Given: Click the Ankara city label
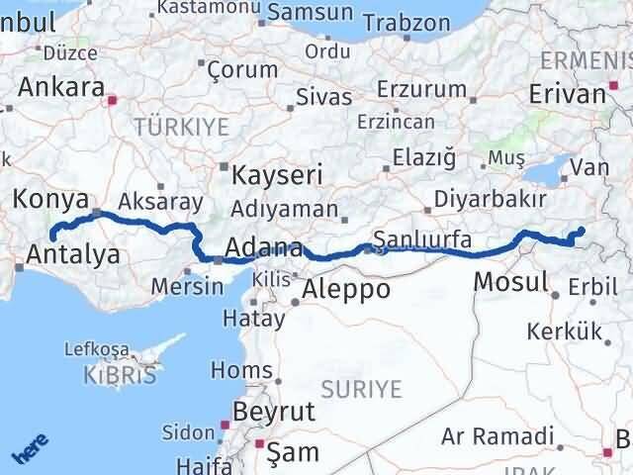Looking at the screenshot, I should pyautogui.click(x=61, y=87).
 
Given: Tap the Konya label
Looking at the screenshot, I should pyautogui.click(x=49, y=199).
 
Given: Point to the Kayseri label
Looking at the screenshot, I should pyautogui.click(x=278, y=176).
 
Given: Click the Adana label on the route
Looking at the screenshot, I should pyautogui.click(x=264, y=247).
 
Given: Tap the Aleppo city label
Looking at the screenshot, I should pyautogui.click(x=346, y=289).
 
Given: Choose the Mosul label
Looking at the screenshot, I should pyautogui.click(x=510, y=282).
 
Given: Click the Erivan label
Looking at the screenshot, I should pyautogui.click(x=567, y=94).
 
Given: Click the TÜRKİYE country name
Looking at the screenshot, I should pyautogui.click(x=181, y=127).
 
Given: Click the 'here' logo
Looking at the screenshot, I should pyautogui.click(x=29, y=452).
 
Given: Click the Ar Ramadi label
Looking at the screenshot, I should pyautogui.click(x=497, y=436).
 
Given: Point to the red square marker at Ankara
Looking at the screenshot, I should pyautogui.click(x=113, y=99).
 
